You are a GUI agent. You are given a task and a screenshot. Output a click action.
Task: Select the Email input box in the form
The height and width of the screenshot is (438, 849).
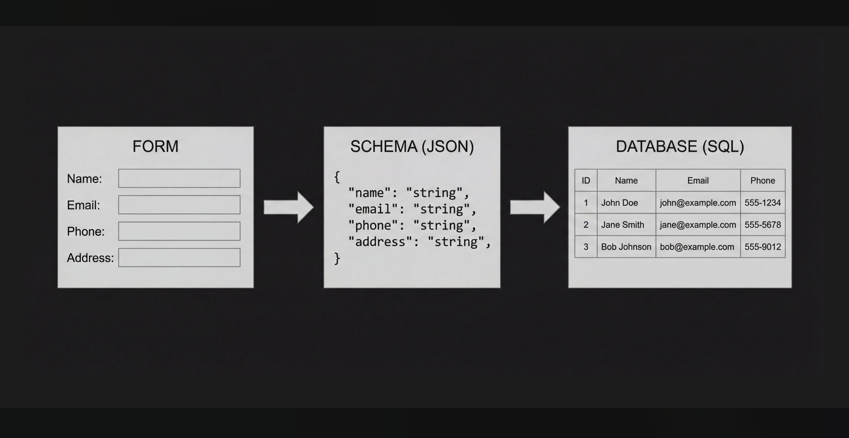point(179,205)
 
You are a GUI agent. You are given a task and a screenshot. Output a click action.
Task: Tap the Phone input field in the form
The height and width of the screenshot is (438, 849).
point(179,231)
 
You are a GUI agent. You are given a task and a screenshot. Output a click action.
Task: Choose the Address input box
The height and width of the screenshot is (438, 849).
point(179,257)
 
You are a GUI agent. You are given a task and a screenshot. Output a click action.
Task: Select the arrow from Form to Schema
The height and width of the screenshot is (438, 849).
point(289,207)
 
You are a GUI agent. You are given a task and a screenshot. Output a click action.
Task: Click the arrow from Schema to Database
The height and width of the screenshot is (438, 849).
point(535,207)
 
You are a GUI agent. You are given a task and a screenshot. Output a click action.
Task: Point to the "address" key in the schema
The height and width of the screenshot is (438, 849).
point(380,242)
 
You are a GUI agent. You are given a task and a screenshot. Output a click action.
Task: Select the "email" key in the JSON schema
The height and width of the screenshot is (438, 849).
point(373,209)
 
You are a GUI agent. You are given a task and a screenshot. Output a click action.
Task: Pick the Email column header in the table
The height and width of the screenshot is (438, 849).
point(698,181)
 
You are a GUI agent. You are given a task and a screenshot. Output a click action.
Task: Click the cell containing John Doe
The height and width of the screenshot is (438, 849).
point(627,202)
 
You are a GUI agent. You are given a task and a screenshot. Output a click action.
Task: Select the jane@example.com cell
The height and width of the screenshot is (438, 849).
point(698,225)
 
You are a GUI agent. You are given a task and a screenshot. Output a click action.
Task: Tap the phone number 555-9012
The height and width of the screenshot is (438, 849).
point(763,247)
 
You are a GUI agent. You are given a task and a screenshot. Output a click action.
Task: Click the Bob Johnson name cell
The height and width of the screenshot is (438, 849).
point(627,247)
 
